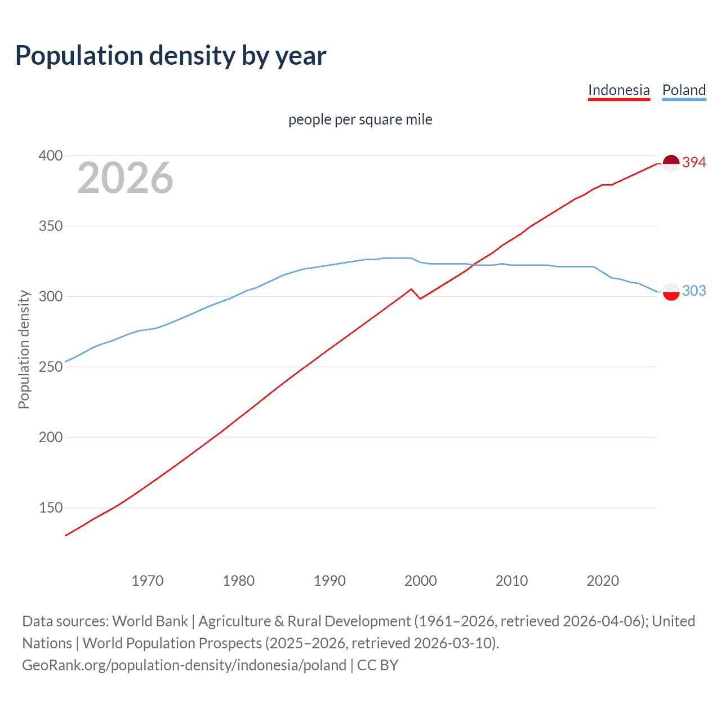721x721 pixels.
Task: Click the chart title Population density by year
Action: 171,55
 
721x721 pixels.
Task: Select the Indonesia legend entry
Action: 618,90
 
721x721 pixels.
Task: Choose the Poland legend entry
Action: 684,90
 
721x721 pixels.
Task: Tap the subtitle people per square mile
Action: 360,119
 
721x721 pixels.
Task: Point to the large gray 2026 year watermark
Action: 125,178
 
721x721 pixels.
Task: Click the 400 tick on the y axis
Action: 51,155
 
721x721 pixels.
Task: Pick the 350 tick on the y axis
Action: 51,226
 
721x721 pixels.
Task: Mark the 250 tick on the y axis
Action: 51,367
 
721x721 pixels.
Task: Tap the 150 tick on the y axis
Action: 51,508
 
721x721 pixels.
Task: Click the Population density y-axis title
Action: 24,349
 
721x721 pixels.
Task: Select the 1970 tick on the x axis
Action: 148,581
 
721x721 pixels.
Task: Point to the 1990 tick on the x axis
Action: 330,581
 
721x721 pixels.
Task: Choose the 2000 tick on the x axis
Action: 421,581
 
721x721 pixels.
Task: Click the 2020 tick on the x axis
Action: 603,581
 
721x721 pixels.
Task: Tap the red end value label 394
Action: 694,162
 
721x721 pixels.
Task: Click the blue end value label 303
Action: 694,291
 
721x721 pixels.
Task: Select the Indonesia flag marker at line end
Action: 671,163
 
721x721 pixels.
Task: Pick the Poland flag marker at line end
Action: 671,292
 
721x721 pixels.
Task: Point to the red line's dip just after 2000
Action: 420,298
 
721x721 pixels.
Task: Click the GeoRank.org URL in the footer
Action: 184,665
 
